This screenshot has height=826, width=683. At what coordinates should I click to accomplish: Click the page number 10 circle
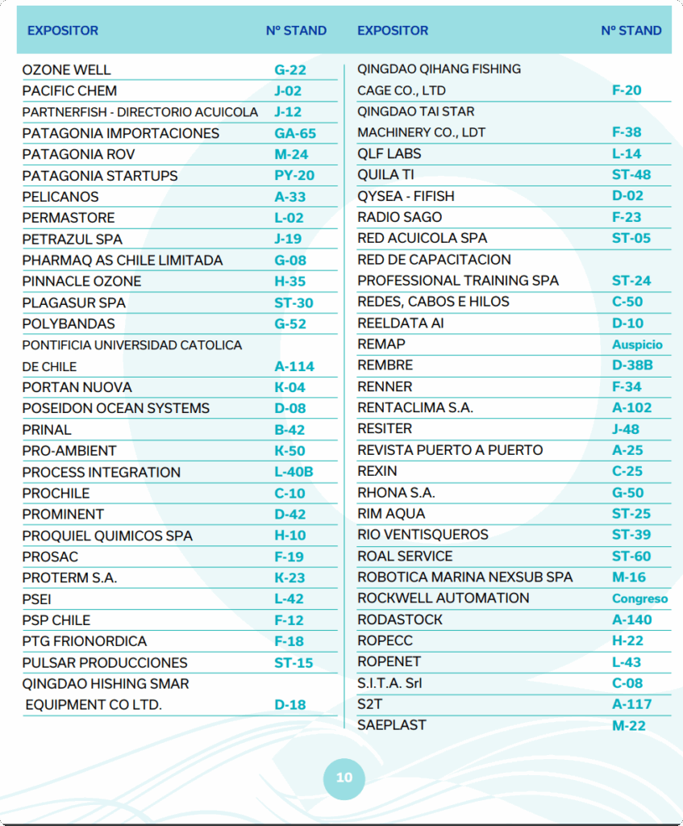(344, 778)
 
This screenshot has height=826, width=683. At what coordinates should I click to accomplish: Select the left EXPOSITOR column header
(63, 31)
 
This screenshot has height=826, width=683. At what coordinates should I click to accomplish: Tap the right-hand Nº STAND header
(631, 31)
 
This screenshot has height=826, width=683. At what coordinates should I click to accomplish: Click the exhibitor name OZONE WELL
(67, 70)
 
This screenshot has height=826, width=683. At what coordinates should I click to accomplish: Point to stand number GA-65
(295, 134)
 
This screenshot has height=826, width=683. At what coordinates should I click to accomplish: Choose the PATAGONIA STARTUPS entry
(100, 176)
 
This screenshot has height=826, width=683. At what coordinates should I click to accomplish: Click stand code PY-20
(294, 176)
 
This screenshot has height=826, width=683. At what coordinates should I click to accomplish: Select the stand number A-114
(294, 366)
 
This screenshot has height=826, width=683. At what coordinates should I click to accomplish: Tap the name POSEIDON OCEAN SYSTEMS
(116, 408)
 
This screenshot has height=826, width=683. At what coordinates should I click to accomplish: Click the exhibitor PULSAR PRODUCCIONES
(105, 662)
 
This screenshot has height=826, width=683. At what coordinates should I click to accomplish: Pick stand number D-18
(290, 705)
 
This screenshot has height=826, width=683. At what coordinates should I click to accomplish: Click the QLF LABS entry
(389, 153)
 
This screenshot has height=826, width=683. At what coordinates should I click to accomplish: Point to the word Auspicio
(637, 344)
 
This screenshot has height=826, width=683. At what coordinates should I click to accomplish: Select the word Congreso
(640, 599)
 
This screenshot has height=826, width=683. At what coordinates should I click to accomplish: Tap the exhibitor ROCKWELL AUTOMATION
(444, 598)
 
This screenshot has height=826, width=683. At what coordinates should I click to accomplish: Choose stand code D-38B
(632, 365)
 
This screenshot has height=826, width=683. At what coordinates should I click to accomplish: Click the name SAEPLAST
(392, 724)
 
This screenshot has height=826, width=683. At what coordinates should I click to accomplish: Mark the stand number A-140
(632, 619)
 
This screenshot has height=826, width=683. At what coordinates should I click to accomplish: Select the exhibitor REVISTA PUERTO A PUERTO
(450, 449)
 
